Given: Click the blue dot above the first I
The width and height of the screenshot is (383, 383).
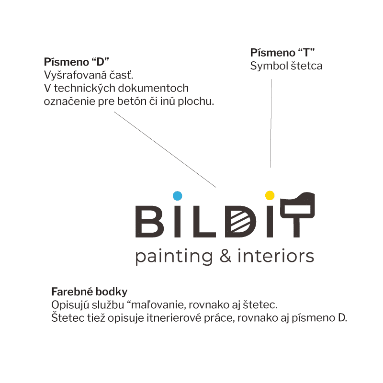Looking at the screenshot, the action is click(x=177, y=196).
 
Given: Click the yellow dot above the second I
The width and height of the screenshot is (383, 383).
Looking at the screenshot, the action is click(x=270, y=195).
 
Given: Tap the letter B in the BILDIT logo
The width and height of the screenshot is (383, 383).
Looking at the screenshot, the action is click(x=149, y=222).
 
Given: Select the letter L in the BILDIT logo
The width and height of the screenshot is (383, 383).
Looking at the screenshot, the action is click(x=204, y=222).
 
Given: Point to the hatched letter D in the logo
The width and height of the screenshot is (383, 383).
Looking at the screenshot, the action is click(x=240, y=222).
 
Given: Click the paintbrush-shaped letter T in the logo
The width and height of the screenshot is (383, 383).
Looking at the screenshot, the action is click(x=297, y=214).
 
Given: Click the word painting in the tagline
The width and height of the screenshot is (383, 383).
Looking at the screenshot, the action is click(x=174, y=257).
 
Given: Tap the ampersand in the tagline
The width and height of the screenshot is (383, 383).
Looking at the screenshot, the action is click(x=225, y=256).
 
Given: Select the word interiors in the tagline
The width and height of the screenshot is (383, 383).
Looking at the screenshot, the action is click(x=276, y=256).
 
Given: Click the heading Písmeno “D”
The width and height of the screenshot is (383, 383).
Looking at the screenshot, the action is click(x=77, y=62).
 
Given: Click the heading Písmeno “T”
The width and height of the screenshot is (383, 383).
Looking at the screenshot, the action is click(x=282, y=53).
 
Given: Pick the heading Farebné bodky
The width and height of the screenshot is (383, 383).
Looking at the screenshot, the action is click(x=90, y=292).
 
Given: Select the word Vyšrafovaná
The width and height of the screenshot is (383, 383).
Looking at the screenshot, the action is click(x=75, y=75).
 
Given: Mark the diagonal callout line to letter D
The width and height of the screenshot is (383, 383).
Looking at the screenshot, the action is click(x=165, y=149).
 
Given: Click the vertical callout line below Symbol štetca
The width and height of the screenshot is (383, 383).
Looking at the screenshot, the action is click(x=271, y=124).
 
